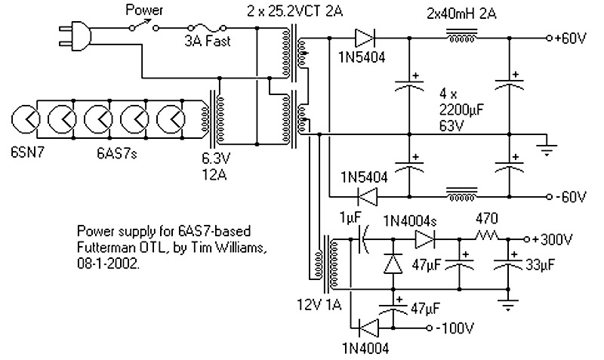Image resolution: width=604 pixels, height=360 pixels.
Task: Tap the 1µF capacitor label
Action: coord(350,217)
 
